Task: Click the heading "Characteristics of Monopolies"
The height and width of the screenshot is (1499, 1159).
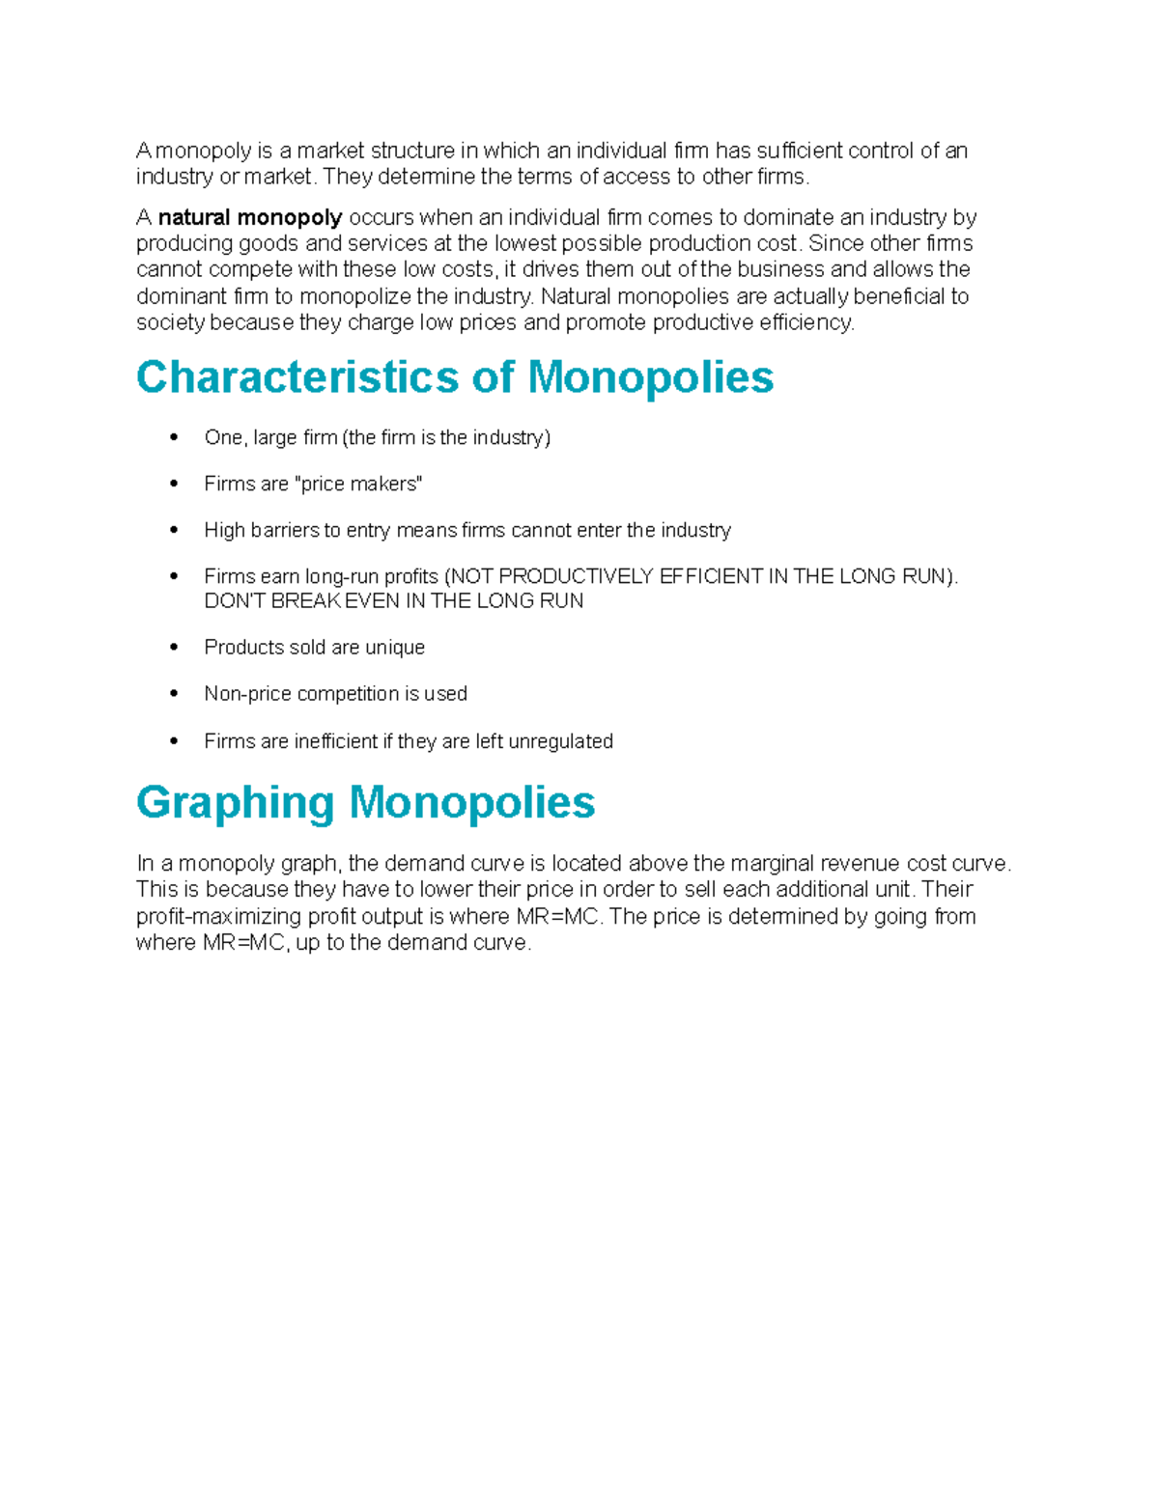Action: click(454, 377)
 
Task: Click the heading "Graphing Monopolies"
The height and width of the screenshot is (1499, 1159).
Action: click(365, 802)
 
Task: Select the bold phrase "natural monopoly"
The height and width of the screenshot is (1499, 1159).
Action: click(250, 217)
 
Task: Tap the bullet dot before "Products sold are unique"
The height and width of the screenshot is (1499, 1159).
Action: click(174, 647)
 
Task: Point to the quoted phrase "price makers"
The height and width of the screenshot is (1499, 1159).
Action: click(360, 484)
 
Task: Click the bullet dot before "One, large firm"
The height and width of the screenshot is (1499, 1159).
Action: click(174, 437)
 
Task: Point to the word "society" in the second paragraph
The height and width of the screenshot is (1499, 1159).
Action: click(170, 322)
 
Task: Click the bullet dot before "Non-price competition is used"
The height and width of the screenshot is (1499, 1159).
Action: click(174, 693)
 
